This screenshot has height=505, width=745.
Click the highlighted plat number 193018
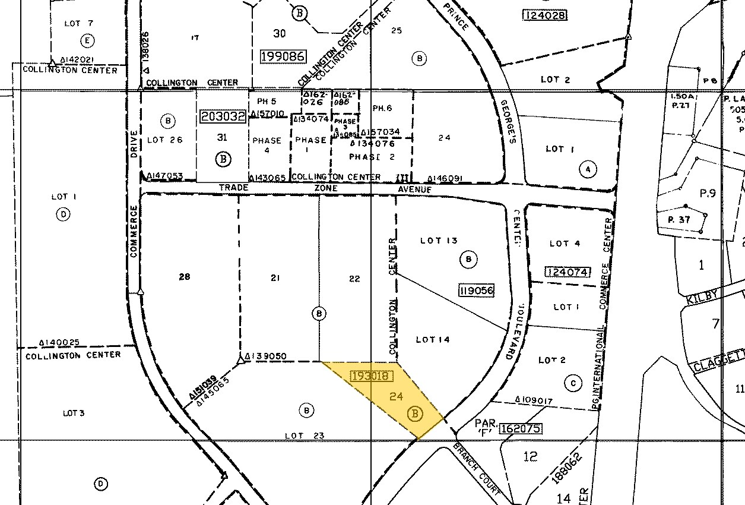pyautogui.click(x=370, y=376)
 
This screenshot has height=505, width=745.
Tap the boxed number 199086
pyautogui.click(x=283, y=56)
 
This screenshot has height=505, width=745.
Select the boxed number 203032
pyautogui.click(x=223, y=116)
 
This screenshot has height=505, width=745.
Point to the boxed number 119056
pyautogui.click(x=476, y=291)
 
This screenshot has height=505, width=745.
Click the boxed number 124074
pyautogui.click(x=568, y=272)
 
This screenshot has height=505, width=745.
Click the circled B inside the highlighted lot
pyautogui.click(x=416, y=414)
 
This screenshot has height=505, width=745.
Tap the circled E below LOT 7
pyautogui.click(x=88, y=40)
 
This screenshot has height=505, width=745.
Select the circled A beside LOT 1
pyautogui.click(x=588, y=169)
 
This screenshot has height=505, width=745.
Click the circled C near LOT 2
pyautogui.click(x=573, y=383)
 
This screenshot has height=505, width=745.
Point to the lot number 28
pyautogui.click(x=184, y=277)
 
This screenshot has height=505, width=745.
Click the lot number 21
pyautogui.click(x=275, y=277)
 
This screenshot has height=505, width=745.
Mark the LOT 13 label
pyautogui.click(x=439, y=241)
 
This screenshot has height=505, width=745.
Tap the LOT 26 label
pyautogui.click(x=164, y=140)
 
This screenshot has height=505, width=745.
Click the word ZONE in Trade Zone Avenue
pyautogui.click(x=326, y=188)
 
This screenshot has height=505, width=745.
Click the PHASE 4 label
pyautogui.click(x=267, y=146)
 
